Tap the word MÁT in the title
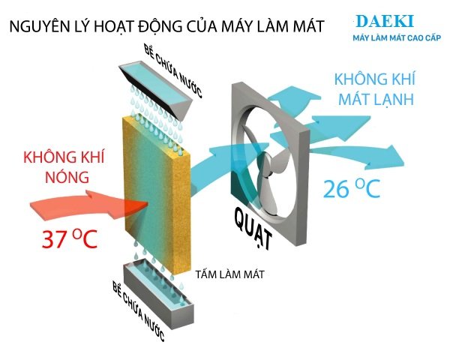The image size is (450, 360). (304, 27)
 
